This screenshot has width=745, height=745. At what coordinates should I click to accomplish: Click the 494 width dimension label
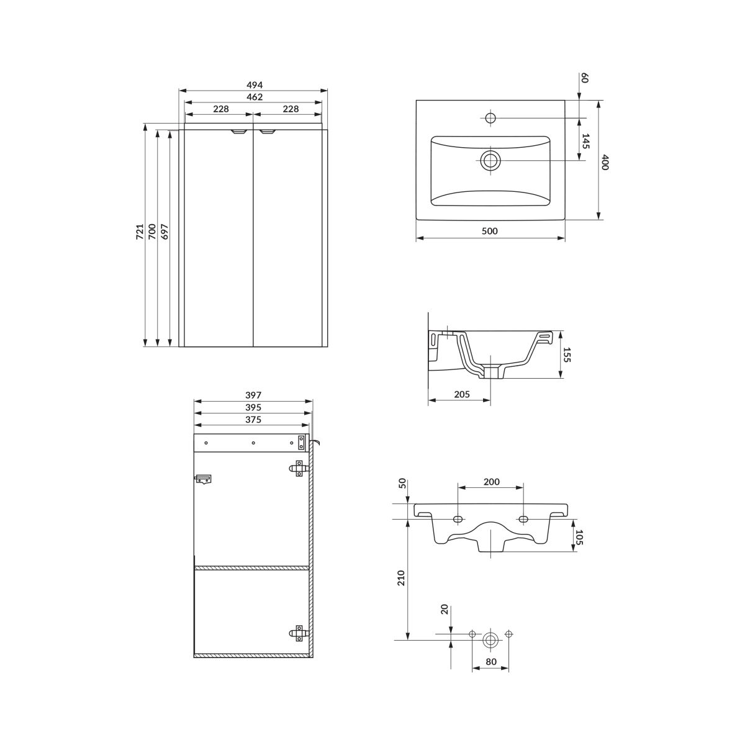255,84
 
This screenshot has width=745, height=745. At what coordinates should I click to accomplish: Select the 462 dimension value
255,97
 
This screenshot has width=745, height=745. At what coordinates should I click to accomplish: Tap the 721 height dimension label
140,232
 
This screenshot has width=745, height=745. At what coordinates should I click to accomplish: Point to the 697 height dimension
165,232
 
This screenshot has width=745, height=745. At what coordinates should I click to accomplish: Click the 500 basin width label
490,231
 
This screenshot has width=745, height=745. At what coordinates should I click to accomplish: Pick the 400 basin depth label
605,162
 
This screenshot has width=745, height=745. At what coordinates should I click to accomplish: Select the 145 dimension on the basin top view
585,141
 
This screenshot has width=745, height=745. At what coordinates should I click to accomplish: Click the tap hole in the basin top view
490,117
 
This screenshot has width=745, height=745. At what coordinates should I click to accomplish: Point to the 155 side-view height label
567,355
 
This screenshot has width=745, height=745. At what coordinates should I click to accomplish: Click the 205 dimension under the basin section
462,394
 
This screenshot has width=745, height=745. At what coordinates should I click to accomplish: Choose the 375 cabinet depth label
253,420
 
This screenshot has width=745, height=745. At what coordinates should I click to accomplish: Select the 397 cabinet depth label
253,395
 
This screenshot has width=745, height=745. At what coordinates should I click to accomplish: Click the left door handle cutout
238,132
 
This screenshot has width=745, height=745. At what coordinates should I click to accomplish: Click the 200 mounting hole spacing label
491,482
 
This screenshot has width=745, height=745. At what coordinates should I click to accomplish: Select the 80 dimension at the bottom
490,662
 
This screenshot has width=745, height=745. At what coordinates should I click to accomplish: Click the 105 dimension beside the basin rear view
579,537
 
